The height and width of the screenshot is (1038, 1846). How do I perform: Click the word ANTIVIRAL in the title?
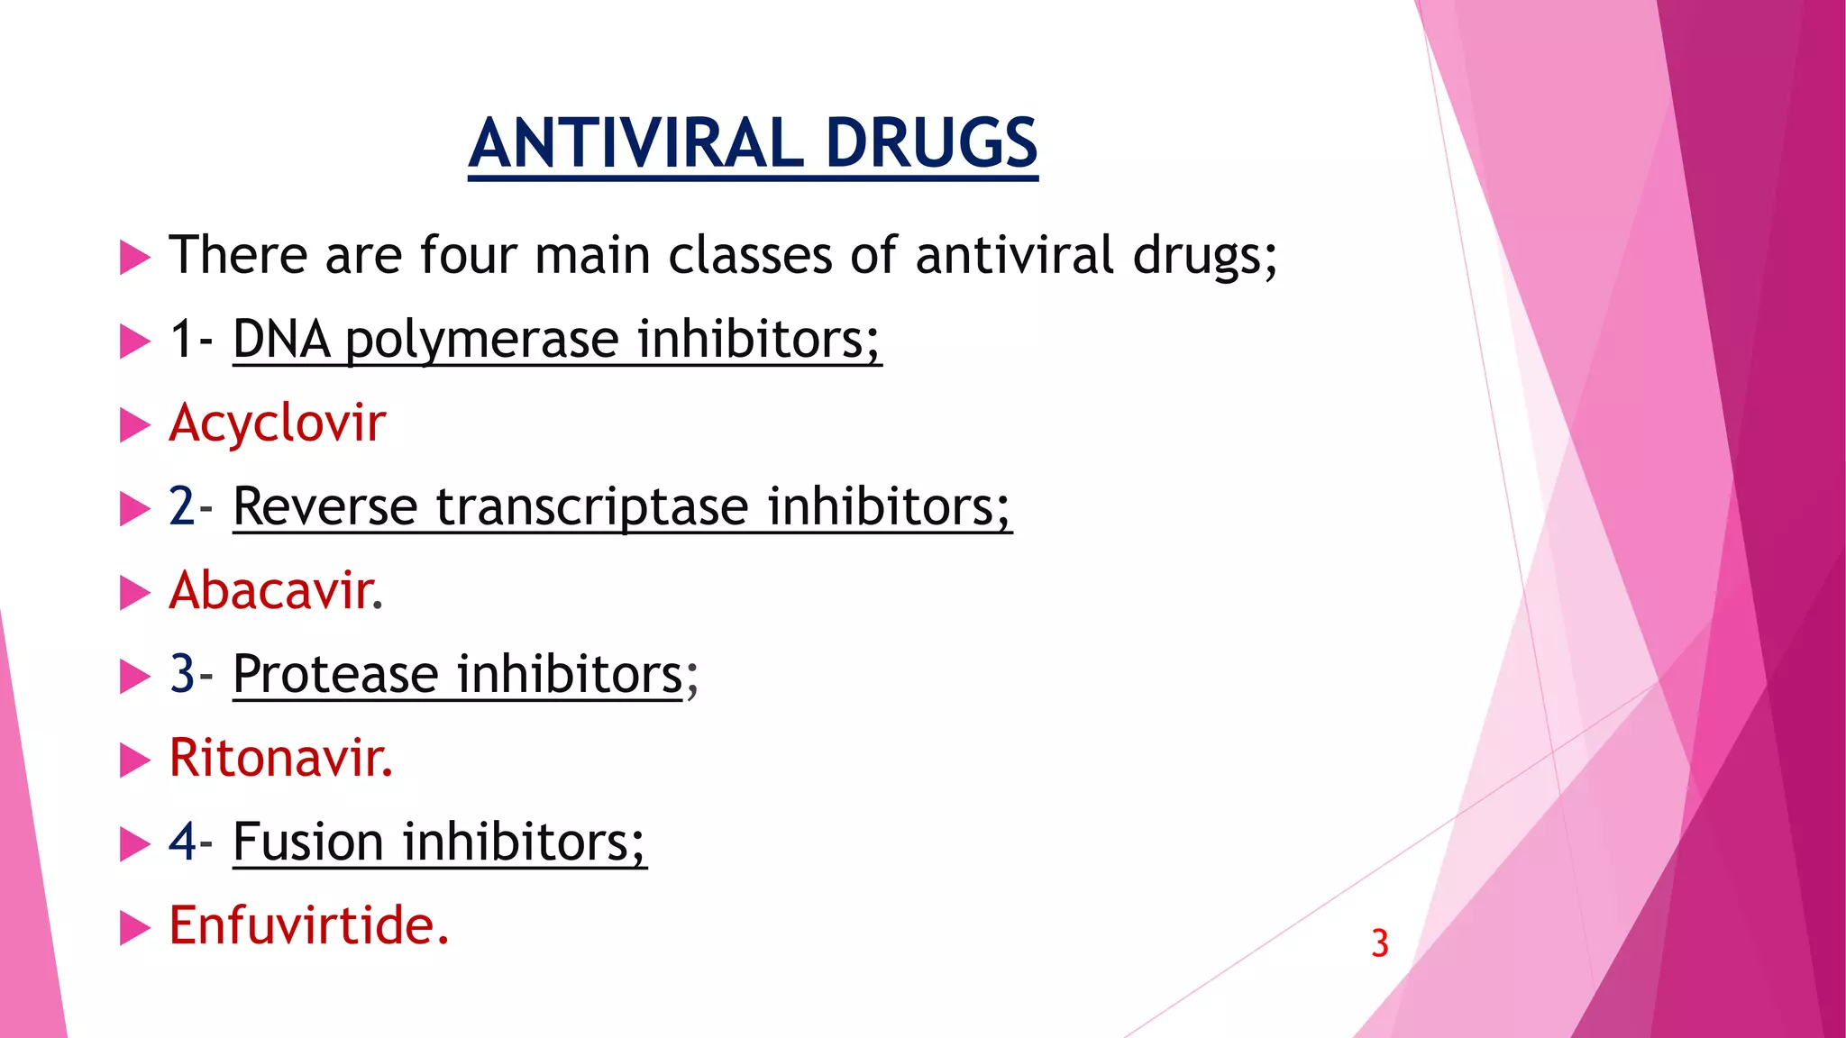[636, 143]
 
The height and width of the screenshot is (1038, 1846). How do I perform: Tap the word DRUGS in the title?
[931, 143]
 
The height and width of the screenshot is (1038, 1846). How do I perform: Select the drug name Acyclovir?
[277, 423]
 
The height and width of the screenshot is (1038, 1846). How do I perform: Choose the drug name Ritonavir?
[279, 758]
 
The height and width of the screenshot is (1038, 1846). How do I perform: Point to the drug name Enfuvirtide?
[306, 925]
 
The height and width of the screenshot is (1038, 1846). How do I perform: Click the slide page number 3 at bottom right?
[1379, 943]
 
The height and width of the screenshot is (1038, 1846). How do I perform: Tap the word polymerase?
[481, 341]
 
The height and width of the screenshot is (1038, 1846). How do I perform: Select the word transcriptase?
[592, 506]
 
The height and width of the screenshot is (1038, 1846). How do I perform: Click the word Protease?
[335, 674]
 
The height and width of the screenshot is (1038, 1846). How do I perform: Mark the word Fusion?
[308, 842]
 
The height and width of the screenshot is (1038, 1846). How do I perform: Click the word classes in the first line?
[750, 255]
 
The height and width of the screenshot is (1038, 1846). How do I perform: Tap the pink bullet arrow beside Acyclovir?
[134, 425]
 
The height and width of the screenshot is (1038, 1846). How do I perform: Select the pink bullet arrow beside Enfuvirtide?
[134, 928]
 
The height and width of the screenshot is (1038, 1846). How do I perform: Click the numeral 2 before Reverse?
[181, 506]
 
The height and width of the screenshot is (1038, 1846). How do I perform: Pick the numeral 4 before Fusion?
[182, 842]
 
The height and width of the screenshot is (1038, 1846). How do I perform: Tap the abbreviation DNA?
[281, 340]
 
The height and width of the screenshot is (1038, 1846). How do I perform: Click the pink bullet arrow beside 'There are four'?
[134, 258]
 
